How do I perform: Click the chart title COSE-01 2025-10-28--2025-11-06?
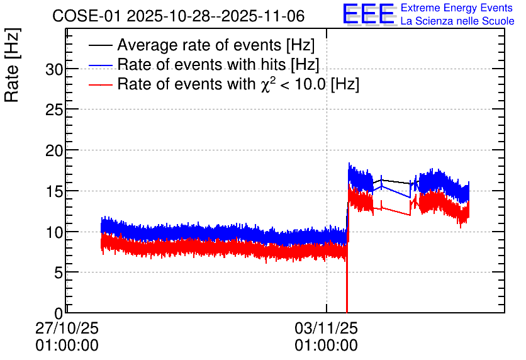178,16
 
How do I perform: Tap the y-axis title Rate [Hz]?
12,65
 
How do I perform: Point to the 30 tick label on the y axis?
54,69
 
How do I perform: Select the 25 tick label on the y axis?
54,110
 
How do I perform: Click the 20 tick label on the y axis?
54,150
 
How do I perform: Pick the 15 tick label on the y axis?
54,191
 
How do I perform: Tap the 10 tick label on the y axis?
54,232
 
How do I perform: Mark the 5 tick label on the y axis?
59,273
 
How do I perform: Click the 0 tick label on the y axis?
59,313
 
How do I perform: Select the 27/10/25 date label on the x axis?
67,328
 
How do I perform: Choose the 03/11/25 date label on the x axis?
327,328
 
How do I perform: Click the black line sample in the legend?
100,45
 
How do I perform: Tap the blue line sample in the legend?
100,65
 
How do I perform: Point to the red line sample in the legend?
100,84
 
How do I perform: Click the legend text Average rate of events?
199,45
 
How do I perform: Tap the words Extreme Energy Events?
457,8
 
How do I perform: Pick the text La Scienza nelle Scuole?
457,21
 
